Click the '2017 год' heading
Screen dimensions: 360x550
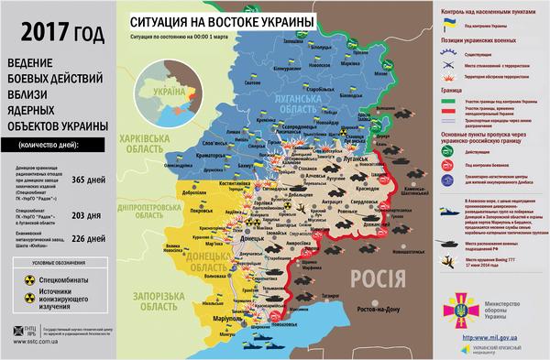click(56, 36)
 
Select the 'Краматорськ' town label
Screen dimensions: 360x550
click(213, 158)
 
